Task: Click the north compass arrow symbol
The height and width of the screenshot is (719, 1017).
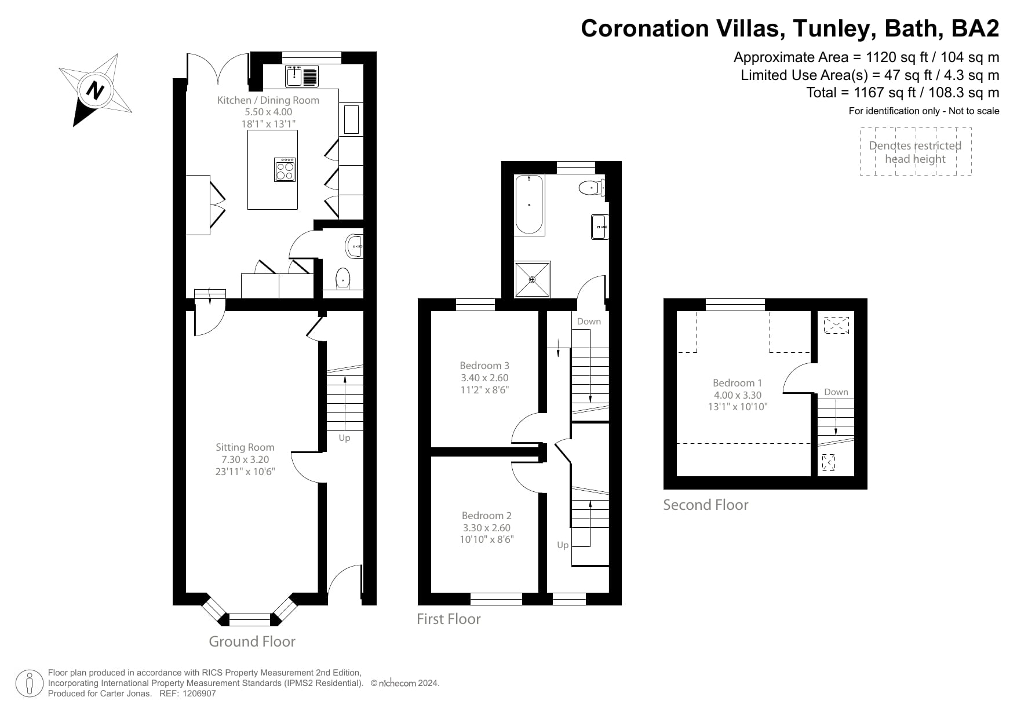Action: point(95,90)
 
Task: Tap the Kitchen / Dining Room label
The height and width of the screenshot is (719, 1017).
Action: point(268,100)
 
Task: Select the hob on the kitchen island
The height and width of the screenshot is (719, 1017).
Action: point(285,170)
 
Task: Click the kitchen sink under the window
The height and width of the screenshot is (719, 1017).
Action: point(302,76)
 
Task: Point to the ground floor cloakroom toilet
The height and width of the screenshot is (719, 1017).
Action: point(343,278)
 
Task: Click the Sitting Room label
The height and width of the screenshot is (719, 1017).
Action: point(245,447)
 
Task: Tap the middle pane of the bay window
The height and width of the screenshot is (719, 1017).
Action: point(250,620)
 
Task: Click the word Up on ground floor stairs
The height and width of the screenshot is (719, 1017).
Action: point(344,438)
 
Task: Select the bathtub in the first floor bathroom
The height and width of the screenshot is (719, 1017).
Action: point(529,205)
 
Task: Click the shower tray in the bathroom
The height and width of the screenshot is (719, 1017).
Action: point(532,279)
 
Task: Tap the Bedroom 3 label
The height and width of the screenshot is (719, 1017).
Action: point(484,366)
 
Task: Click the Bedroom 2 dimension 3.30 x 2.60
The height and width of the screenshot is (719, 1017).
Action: point(486,528)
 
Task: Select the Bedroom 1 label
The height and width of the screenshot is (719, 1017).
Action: point(737,383)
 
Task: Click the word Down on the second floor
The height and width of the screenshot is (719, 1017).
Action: point(836,392)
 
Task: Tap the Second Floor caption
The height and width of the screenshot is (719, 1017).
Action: point(705,505)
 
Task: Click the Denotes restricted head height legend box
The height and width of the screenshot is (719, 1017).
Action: point(915,152)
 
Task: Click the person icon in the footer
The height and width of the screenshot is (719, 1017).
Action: point(29,684)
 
